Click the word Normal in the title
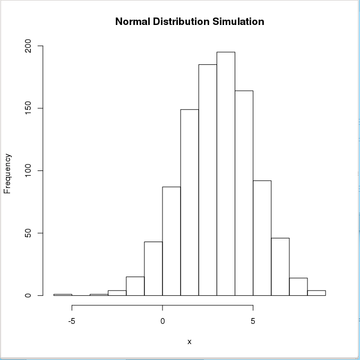point(133,22)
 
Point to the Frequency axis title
point(7,173)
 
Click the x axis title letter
point(189,341)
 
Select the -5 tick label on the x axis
point(72,321)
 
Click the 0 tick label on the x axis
point(162,321)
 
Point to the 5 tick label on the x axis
point(253,321)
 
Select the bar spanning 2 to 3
point(208,180)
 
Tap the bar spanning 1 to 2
point(190,202)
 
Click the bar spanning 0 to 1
point(172,241)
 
